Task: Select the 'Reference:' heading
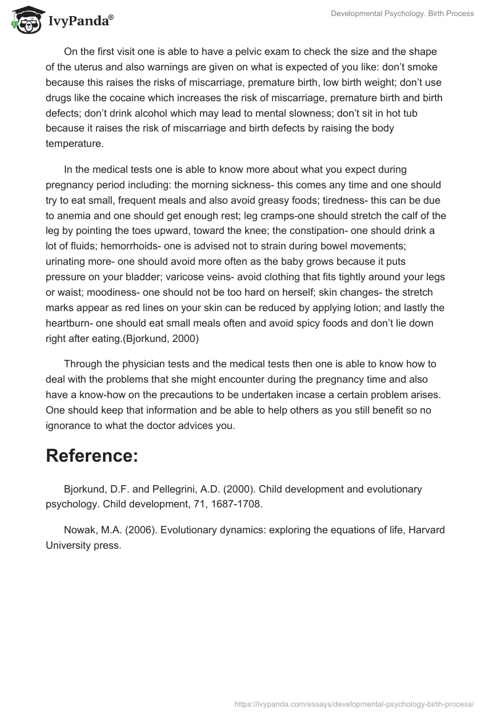coord(92,456)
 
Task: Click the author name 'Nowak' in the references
coord(79,530)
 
